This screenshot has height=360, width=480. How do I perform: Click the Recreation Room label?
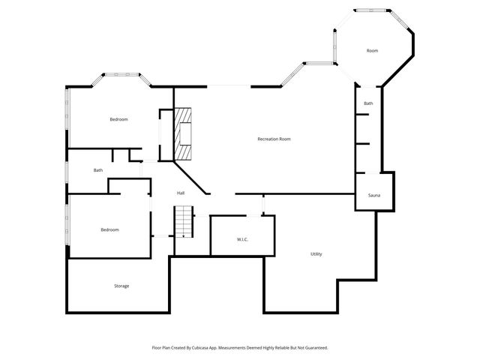point(274,139)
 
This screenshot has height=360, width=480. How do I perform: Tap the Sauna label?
point(374,195)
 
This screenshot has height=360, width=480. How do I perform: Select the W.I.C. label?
point(242,239)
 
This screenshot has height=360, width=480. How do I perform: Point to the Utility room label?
point(316,254)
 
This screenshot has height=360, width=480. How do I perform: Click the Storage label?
point(121,286)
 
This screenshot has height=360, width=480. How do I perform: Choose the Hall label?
point(181,193)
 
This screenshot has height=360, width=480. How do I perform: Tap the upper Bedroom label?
point(118,119)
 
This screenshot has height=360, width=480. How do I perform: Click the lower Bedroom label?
point(109,229)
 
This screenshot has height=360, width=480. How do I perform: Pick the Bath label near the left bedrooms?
point(98,170)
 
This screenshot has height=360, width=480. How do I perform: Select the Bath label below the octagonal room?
point(368,103)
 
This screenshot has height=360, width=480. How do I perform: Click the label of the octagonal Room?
point(372,50)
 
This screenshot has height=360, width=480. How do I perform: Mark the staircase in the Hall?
point(184,221)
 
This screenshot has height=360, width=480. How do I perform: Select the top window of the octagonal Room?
point(372,10)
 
